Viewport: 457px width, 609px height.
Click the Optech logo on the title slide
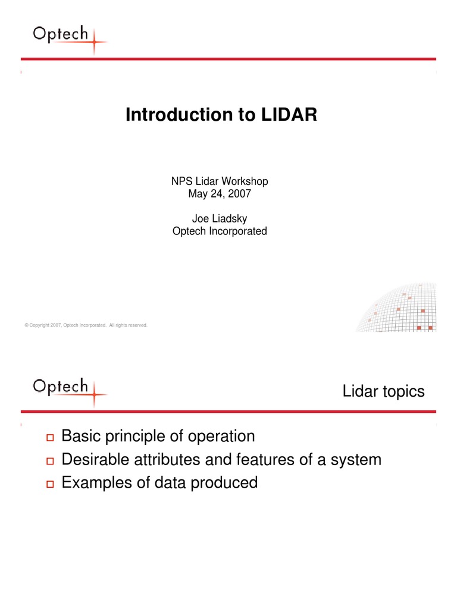click(68, 37)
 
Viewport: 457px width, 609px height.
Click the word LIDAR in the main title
click(289, 115)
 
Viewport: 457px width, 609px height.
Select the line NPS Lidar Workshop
click(220, 181)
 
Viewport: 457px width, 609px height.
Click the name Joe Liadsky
click(220, 219)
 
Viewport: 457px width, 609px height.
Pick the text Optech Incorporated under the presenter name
click(220, 231)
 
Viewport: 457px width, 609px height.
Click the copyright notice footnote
click(86, 325)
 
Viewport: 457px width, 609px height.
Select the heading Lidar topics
click(383, 391)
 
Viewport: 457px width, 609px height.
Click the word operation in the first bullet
click(221, 437)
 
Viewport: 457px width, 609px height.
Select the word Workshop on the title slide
click(246, 181)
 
